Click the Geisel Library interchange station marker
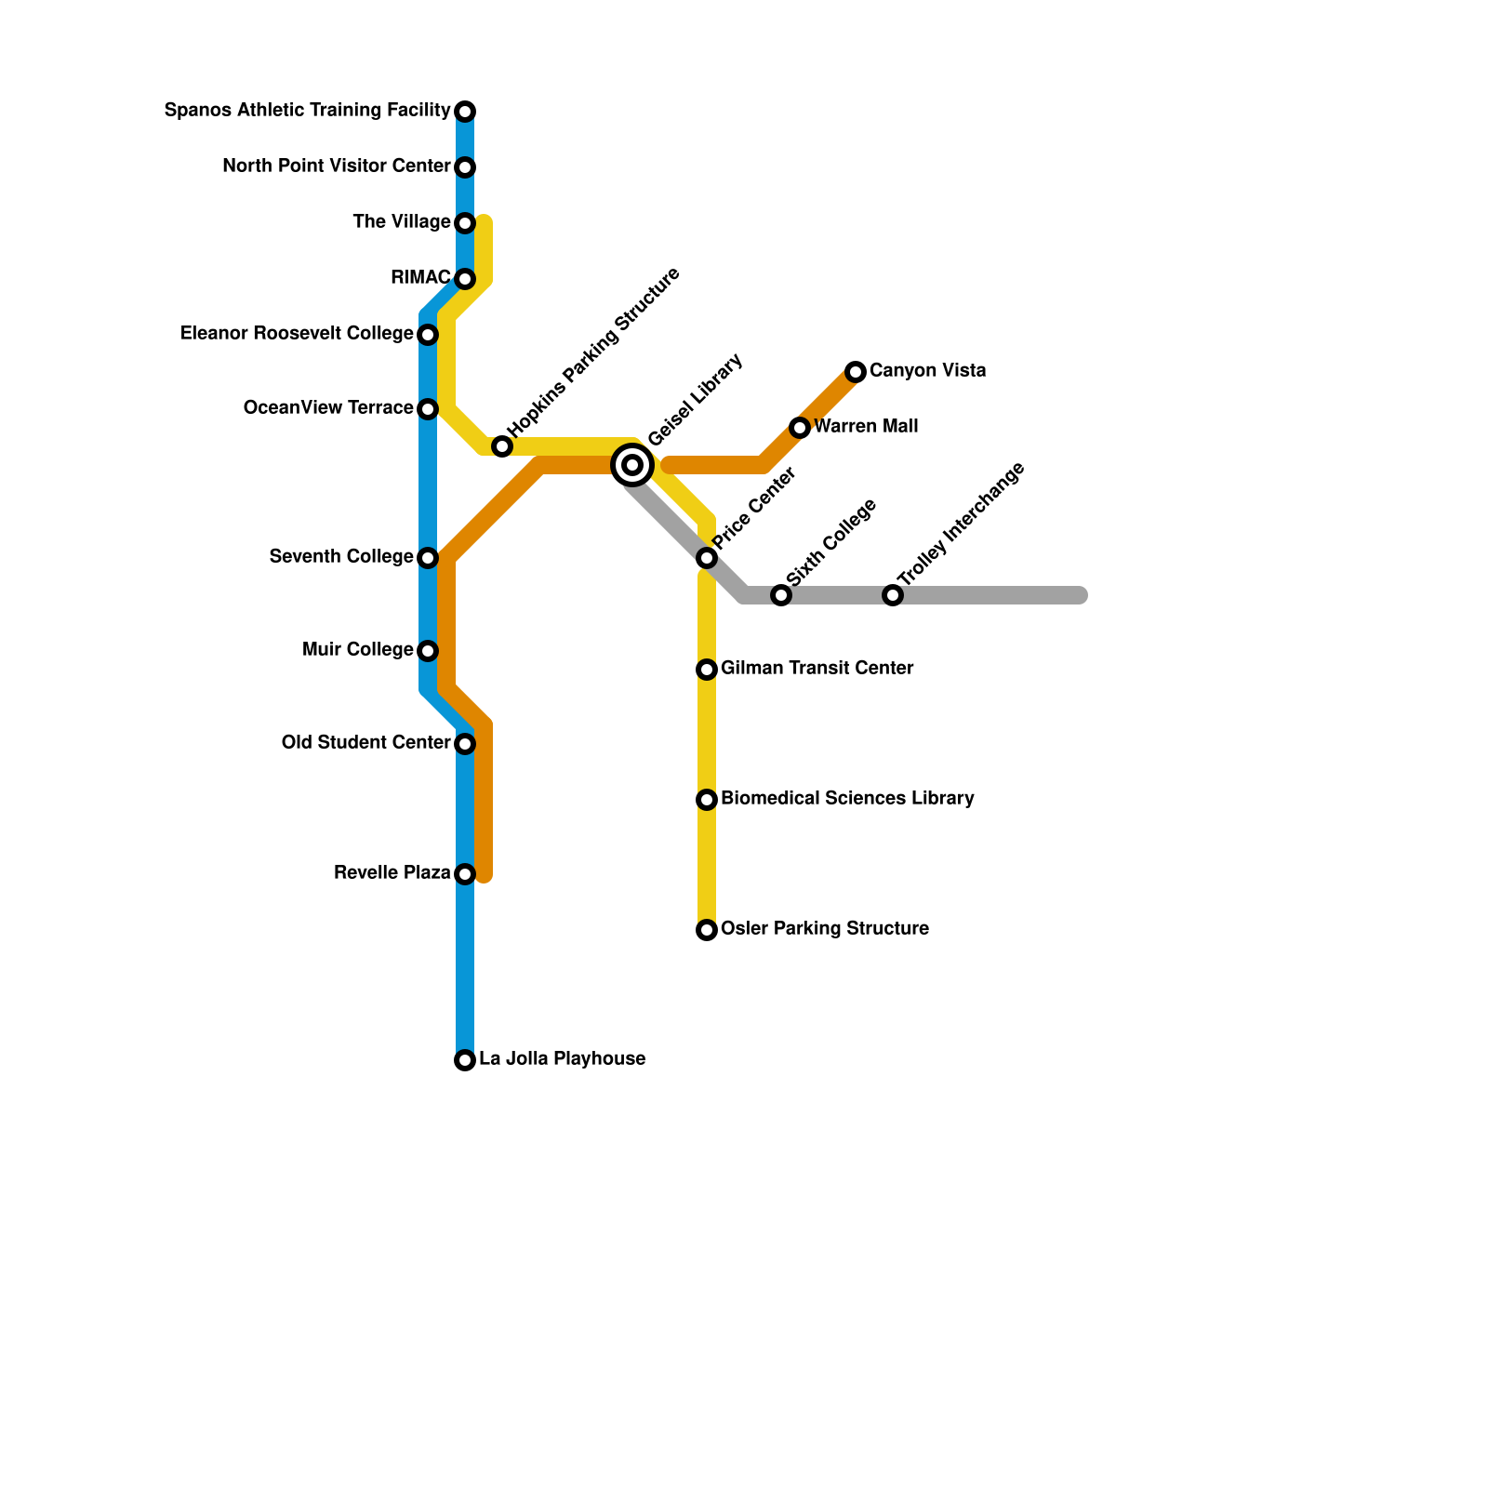click(x=632, y=465)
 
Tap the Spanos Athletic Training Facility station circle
click(x=465, y=112)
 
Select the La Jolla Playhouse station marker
click(x=465, y=1060)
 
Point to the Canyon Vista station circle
click(x=856, y=372)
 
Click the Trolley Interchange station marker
click(x=893, y=595)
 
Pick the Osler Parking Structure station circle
click(x=707, y=930)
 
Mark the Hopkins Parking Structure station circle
click(x=502, y=446)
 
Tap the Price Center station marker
click(x=707, y=558)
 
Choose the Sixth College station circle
click(x=781, y=595)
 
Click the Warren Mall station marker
click(x=800, y=428)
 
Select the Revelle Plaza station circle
click(x=465, y=874)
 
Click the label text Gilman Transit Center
click(x=817, y=669)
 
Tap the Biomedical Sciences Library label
click(x=847, y=799)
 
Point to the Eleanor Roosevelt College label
click(x=297, y=334)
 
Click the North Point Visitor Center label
click(x=337, y=166)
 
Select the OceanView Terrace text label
click(x=328, y=408)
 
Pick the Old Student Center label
click(x=365, y=743)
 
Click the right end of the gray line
click(x=1081, y=595)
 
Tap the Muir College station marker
click(x=428, y=651)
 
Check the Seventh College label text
click(x=341, y=557)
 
